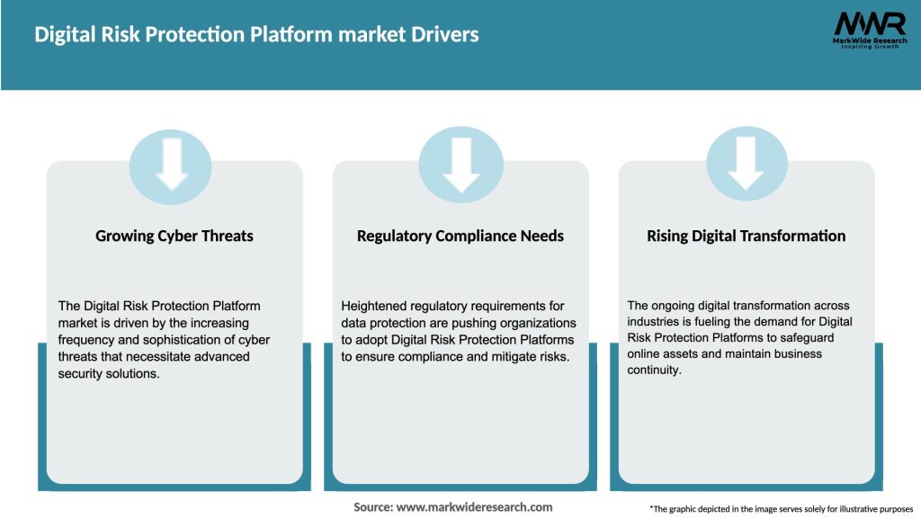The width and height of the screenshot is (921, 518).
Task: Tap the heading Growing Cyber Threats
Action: click(174, 236)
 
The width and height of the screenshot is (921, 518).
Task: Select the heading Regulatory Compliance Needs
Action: click(460, 236)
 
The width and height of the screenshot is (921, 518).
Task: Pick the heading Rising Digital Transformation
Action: click(747, 236)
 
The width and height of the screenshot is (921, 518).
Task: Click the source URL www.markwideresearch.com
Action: click(474, 507)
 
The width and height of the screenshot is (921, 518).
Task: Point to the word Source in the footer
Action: click(372, 507)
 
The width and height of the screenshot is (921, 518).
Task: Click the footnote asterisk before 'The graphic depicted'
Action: click(651, 508)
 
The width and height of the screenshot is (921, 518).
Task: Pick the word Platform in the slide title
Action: click(256, 35)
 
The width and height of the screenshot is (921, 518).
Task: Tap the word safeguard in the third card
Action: click(806, 337)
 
